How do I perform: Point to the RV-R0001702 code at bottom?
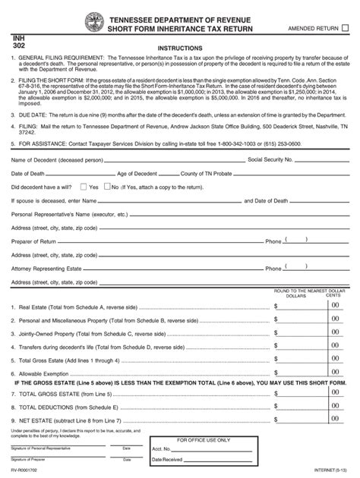click(x=29, y=471)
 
